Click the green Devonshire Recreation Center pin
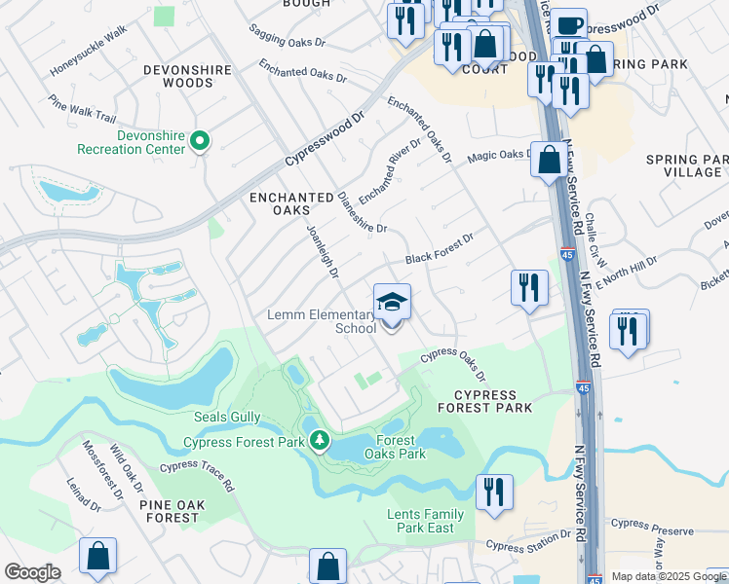(200, 142)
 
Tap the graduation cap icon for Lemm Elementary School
(392, 303)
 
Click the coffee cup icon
(570, 24)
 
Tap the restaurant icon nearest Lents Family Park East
(494, 492)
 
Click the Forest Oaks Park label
(395, 447)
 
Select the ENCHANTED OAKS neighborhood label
(291, 203)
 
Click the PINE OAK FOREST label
(182, 511)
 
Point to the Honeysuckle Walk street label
(89, 49)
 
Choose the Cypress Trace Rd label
(197, 474)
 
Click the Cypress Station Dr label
(529, 540)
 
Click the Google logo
(32, 572)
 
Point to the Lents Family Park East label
(426, 521)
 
